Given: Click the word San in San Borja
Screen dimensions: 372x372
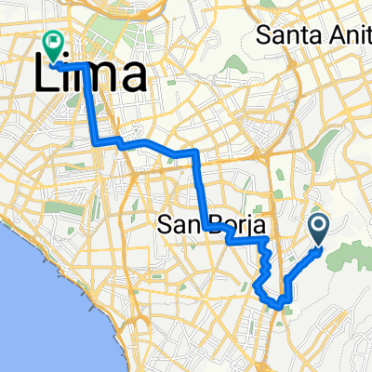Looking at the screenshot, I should [178, 225].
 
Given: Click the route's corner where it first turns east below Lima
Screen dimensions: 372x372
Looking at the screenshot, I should [97, 142].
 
